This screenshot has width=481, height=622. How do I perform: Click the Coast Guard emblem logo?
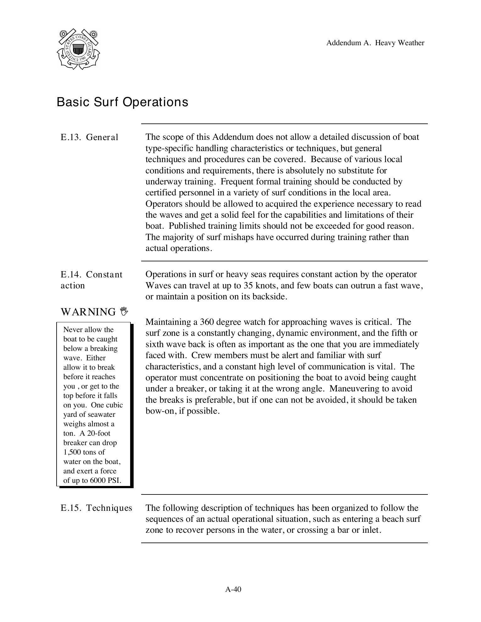tap(78, 49)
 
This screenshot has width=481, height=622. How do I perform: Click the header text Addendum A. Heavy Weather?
tap(375, 43)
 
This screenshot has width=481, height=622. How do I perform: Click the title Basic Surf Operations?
tap(122, 102)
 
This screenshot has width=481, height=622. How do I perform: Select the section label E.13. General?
tap(89, 137)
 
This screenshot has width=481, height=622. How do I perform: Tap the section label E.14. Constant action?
tap(91, 280)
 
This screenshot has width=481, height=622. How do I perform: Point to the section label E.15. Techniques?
tap(96, 508)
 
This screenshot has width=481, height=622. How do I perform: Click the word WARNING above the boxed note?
tap(88, 312)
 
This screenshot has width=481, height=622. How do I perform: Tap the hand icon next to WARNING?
tap(124, 311)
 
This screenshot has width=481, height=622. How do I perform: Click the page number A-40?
tap(233, 590)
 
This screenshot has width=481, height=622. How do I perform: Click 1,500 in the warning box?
tap(72, 452)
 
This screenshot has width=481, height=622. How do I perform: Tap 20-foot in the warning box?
tap(99, 433)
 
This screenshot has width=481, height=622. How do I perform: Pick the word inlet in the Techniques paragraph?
tap(371, 530)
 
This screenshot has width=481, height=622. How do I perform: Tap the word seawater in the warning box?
tap(99, 414)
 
